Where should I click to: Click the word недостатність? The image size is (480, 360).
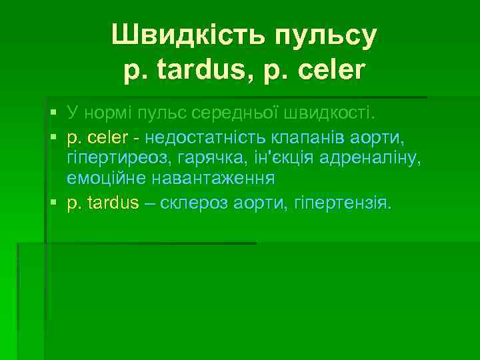(x=209, y=139)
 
